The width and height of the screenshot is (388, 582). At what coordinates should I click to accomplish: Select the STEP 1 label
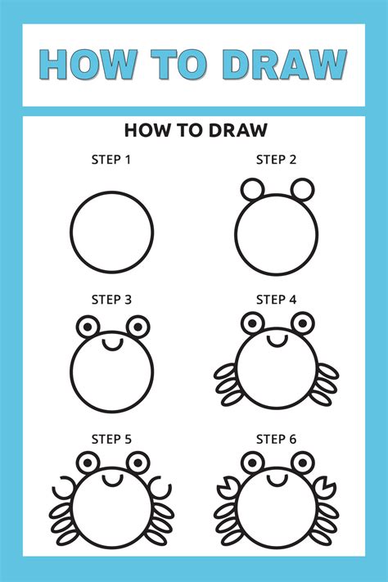(111, 159)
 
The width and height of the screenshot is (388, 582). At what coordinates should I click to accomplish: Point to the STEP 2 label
(276, 159)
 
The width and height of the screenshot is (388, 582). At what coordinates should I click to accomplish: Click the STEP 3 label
(111, 300)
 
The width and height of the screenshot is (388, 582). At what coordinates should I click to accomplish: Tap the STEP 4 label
(276, 300)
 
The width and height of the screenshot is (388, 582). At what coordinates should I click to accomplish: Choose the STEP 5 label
(111, 440)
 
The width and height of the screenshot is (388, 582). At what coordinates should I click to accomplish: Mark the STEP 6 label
(276, 440)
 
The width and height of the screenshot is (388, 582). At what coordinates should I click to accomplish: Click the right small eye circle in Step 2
(303, 189)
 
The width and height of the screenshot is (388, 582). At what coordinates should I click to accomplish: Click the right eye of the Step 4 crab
(303, 322)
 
